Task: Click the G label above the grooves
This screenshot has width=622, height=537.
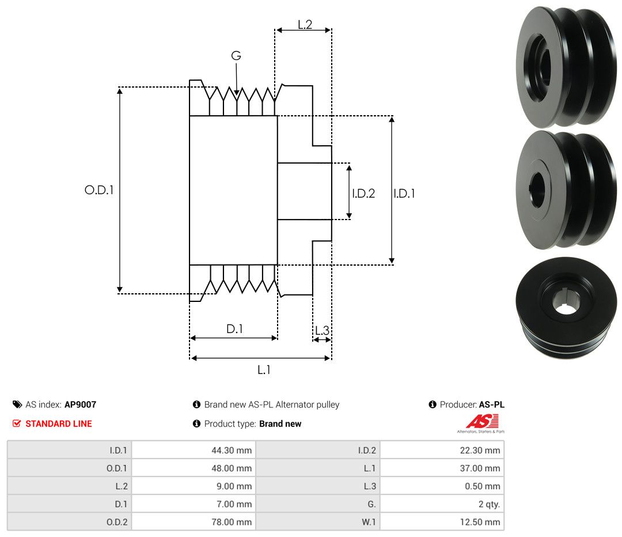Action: click(x=236, y=55)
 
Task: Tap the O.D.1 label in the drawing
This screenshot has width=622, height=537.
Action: click(x=99, y=190)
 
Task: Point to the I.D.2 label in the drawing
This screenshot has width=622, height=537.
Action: click(x=363, y=193)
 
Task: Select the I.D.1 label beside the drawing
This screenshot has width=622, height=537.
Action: click(x=404, y=193)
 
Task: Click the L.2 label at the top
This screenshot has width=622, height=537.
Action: click(x=305, y=25)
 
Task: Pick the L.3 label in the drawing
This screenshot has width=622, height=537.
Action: click(x=322, y=330)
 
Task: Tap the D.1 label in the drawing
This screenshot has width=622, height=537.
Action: click(x=234, y=328)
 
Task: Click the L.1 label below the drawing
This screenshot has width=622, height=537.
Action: click(x=264, y=370)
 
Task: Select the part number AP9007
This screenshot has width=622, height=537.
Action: click(x=80, y=404)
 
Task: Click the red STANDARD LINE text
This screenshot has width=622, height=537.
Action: click(x=59, y=423)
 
